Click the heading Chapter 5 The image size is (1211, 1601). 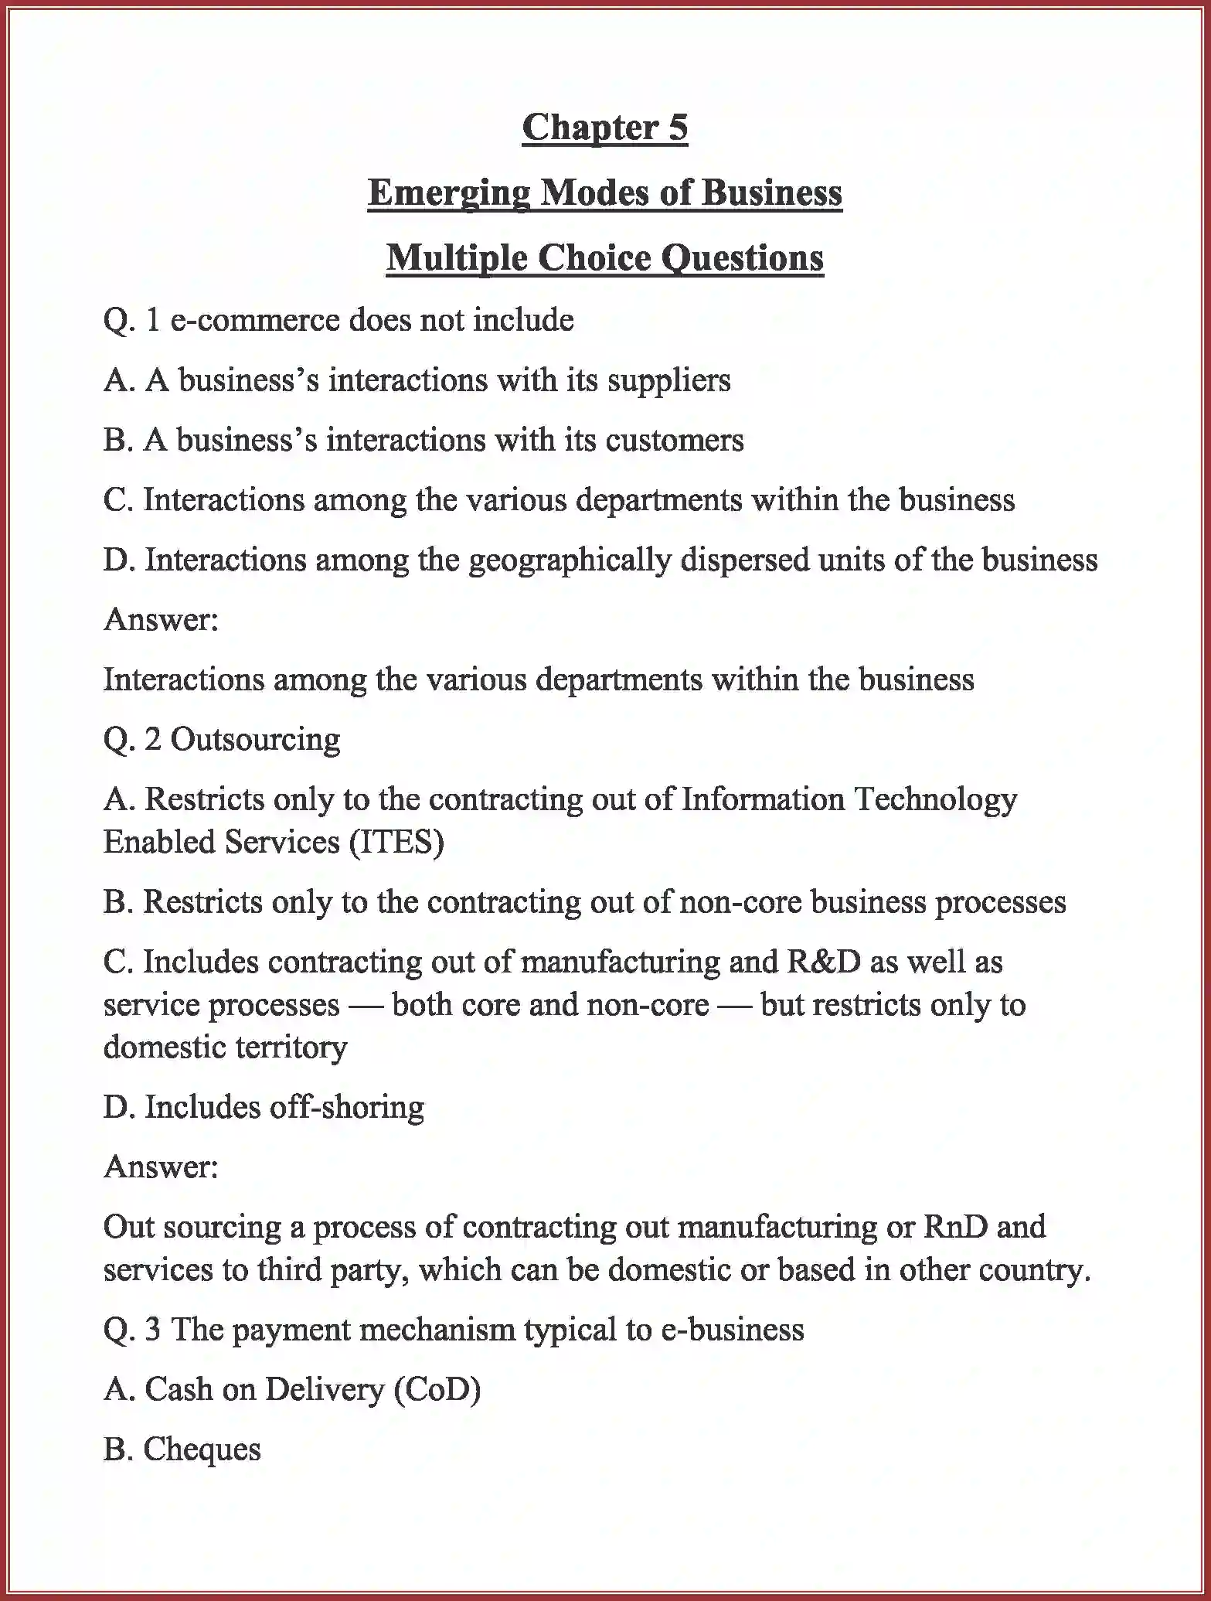[x=604, y=128]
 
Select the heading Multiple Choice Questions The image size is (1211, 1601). [x=604, y=257]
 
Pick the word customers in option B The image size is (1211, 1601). [x=674, y=440]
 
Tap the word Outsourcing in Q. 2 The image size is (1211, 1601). [x=255, y=740]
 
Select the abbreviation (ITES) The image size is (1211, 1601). [x=396, y=842]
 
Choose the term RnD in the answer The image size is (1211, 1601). [x=955, y=1227]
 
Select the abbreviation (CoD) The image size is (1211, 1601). [x=437, y=1389]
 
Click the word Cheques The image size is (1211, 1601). [x=202, y=1449]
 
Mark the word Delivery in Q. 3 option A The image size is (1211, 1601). [x=324, y=1389]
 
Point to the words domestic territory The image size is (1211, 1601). [x=225, y=1047]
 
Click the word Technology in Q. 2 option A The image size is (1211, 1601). [x=935, y=799]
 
